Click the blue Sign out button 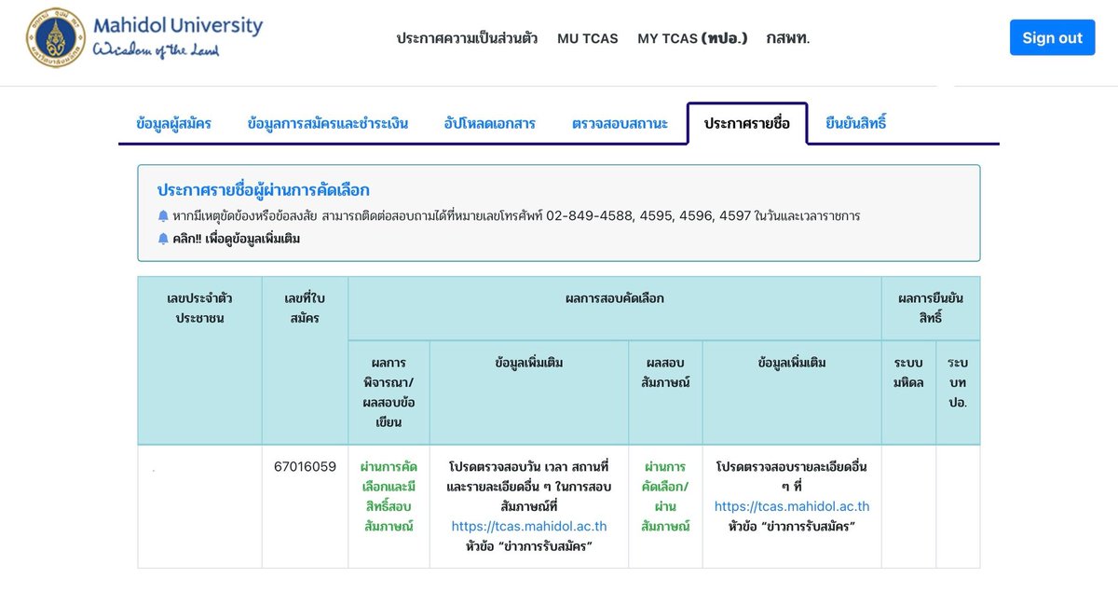1052,37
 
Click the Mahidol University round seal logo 55,37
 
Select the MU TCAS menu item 588,38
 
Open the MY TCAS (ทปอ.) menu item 692,38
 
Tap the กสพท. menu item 788,38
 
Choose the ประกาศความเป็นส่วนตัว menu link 467,38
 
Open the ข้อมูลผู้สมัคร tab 173,123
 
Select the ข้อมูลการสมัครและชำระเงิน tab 327,123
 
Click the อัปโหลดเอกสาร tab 490,123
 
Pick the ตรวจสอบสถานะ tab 620,123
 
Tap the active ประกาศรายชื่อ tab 746,123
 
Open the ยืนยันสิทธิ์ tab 856,123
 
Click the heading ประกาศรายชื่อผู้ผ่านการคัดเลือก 263,190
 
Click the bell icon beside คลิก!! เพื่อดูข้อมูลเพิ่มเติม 163,239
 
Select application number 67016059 305,466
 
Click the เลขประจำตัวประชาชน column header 199,308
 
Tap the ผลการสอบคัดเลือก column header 614,298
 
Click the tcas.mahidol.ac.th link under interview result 792,506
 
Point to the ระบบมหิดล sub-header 908,373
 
